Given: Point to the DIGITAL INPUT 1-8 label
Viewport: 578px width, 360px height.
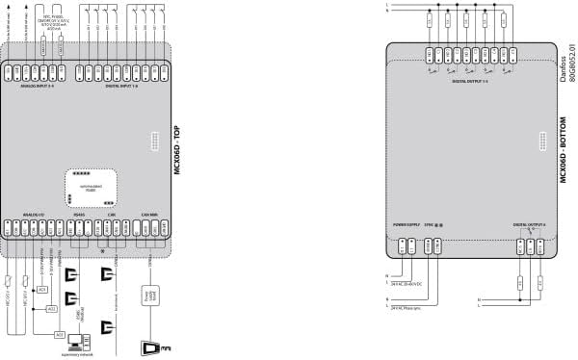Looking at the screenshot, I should [x=119, y=85].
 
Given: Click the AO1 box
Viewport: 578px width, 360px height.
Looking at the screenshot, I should [x=40, y=290].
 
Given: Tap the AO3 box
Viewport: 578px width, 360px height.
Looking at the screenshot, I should [x=60, y=334].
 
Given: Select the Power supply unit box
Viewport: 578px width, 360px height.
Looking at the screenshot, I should [x=149, y=294].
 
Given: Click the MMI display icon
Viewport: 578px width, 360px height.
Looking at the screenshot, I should [x=155, y=347].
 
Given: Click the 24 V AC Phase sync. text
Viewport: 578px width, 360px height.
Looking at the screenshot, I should [x=411, y=307].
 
